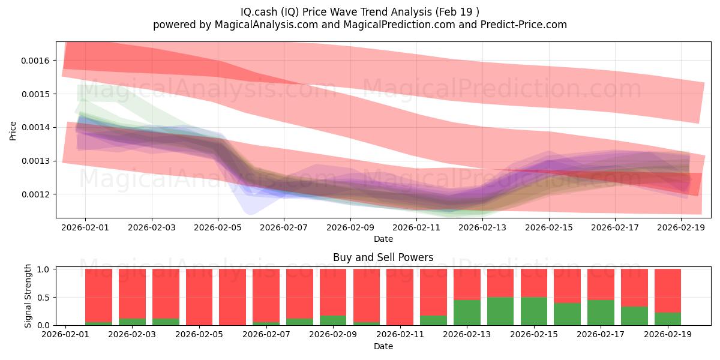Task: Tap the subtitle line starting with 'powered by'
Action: (x=360, y=25)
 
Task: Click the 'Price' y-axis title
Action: (x=13, y=130)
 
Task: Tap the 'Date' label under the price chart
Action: (x=383, y=239)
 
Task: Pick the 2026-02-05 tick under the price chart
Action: (x=218, y=228)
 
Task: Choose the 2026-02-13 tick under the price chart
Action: (x=482, y=228)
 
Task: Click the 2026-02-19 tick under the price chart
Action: (x=681, y=228)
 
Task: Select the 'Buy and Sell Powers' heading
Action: (x=383, y=258)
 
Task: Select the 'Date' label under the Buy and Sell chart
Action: (x=383, y=346)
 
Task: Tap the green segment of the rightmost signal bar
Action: (x=667, y=319)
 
